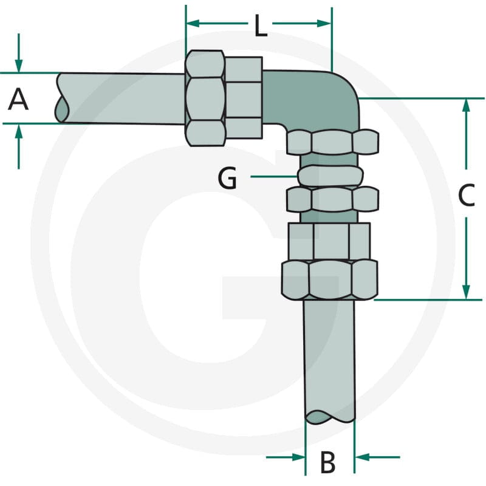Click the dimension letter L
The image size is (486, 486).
[x=261, y=27]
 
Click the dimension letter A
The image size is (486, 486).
[x=18, y=99]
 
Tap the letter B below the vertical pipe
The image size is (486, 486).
[x=328, y=462]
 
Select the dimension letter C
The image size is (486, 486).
[x=467, y=195]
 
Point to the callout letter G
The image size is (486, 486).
[x=227, y=178]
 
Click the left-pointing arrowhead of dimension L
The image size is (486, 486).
[x=193, y=23]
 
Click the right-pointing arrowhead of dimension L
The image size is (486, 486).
[x=324, y=23]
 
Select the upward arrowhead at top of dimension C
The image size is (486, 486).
[x=466, y=105]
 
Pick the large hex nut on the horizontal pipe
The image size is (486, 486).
[x=205, y=98]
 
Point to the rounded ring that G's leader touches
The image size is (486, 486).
[x=330, y=176]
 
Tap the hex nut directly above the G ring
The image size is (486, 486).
[x=332, y=142]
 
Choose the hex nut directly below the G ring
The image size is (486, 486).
[x=332, y=199]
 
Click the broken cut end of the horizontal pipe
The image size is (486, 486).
[x=63, y=98]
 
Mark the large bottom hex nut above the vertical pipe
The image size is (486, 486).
[x=329, y=280]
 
